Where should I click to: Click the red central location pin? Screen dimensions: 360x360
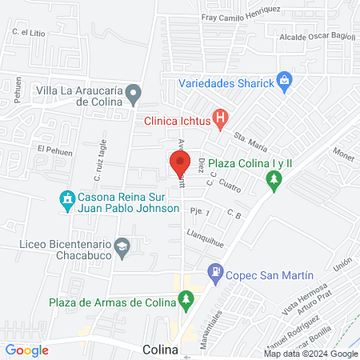180,165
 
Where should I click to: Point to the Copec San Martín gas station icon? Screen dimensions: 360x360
214,273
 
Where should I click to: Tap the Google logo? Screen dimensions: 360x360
27,350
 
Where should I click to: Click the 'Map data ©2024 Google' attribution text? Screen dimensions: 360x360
311,354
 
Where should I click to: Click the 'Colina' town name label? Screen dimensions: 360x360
160,350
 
